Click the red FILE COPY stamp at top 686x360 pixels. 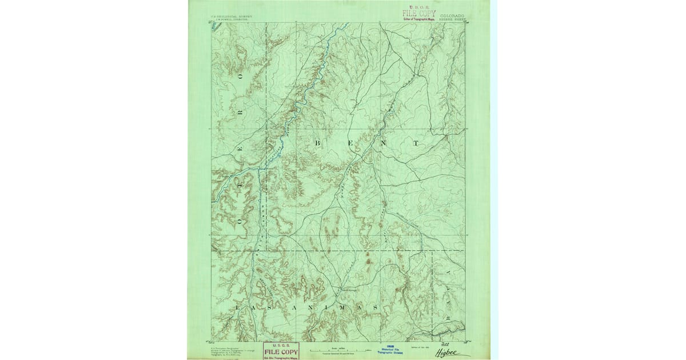[x=419, y=13]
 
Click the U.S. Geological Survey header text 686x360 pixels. [x=231, y=17]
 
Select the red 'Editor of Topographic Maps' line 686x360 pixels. [x=420, y=19]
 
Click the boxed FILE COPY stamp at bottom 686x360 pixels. [x=281, y=351]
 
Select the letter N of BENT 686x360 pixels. [x=382, y=142]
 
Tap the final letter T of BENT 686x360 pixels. [x=416, y=142]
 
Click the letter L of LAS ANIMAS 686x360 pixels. [x=236, y=307]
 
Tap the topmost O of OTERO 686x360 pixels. [x=241, y=75]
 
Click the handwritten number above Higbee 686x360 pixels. [x=446, y=344]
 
